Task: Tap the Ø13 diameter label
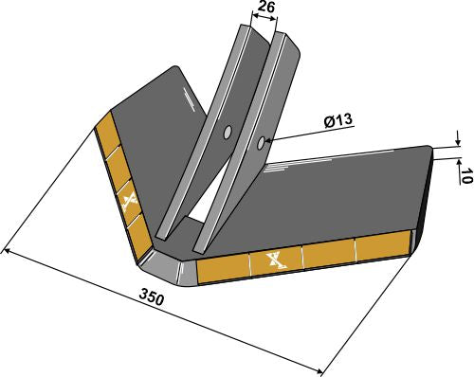tap(339, 121)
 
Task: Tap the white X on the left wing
tap(129, 200)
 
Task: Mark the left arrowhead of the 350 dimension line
tap(7, 251)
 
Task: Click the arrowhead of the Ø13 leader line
tap(268, 143)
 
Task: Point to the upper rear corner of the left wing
tap(176, 68)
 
